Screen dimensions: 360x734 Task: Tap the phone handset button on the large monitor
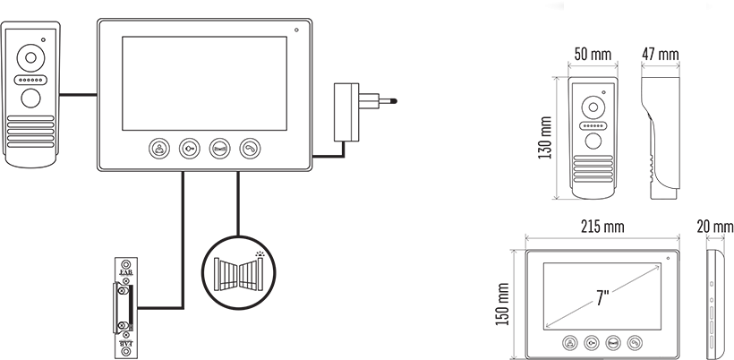point(250,148)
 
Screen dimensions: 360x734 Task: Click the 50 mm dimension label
point(593,55)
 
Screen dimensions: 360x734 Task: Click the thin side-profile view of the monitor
point(713,302)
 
